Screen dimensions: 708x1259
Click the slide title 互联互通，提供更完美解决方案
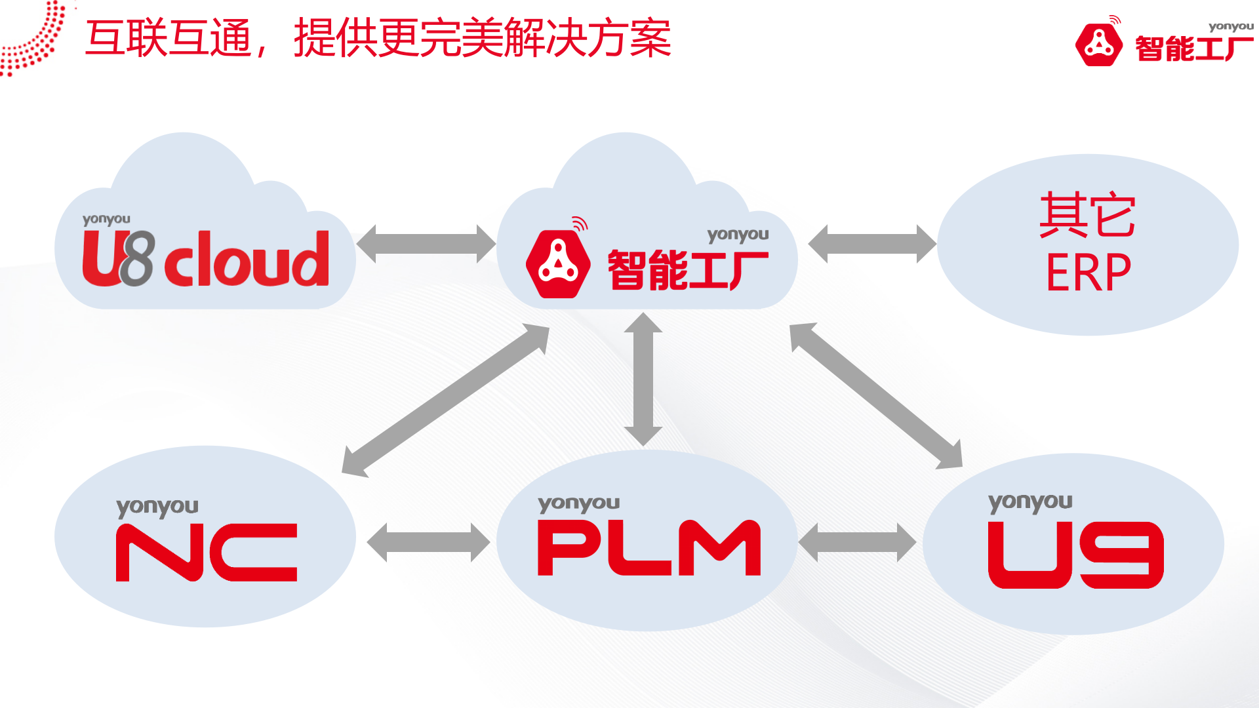click(x=378, y=38)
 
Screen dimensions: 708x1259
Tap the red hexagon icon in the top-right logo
click(x=1099, y=45)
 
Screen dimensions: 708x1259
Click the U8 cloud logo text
click(x=206, y=259)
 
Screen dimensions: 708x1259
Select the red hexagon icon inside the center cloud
click(x=557, y=264)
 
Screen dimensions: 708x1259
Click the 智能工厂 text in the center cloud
click(x=687, y=269)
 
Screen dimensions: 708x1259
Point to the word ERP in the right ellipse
click(x=1088, y=273)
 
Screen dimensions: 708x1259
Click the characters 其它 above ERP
click(x=1087, y=215)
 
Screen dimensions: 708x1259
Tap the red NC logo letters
click(x=207, y=552)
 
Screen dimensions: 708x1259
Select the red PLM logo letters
click(x=649, y=548)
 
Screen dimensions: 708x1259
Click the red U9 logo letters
click(x=1075, y=555)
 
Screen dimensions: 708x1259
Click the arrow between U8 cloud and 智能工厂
click(x=426, y=244)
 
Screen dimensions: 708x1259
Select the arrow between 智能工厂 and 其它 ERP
click(x=871, y=244)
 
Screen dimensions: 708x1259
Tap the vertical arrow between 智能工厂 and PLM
click(x=643, y=379)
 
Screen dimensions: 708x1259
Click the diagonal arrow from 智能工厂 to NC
click(x=446, y=400)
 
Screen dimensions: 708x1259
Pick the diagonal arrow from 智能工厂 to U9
click(x=876, y=396)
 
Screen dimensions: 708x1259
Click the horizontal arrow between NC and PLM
click(x=428, y=543)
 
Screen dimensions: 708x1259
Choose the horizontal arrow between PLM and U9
click(x=857, y=543)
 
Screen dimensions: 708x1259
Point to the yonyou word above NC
click(x=157, y=507)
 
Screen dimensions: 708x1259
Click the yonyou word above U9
click(x=1029, y=503)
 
